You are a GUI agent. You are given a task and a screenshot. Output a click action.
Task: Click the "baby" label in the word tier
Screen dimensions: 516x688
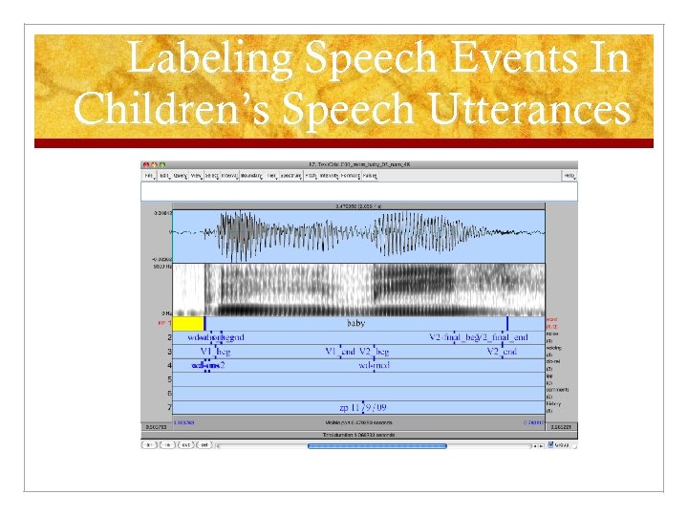click(355, 324)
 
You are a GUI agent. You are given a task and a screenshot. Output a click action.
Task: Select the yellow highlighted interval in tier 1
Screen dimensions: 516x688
click(187, 324)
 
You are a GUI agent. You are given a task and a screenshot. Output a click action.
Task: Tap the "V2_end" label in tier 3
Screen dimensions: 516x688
click(502, 352)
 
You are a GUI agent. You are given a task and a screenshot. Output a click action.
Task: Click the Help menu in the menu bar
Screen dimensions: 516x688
click(570, 176)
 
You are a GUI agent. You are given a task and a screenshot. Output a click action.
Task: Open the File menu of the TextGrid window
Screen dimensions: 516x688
click(149, 176)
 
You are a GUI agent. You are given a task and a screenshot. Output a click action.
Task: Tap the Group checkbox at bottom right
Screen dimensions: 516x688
click(550, 444)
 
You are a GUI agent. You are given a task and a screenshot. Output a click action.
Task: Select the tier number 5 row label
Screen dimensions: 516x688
click(169, 379)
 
